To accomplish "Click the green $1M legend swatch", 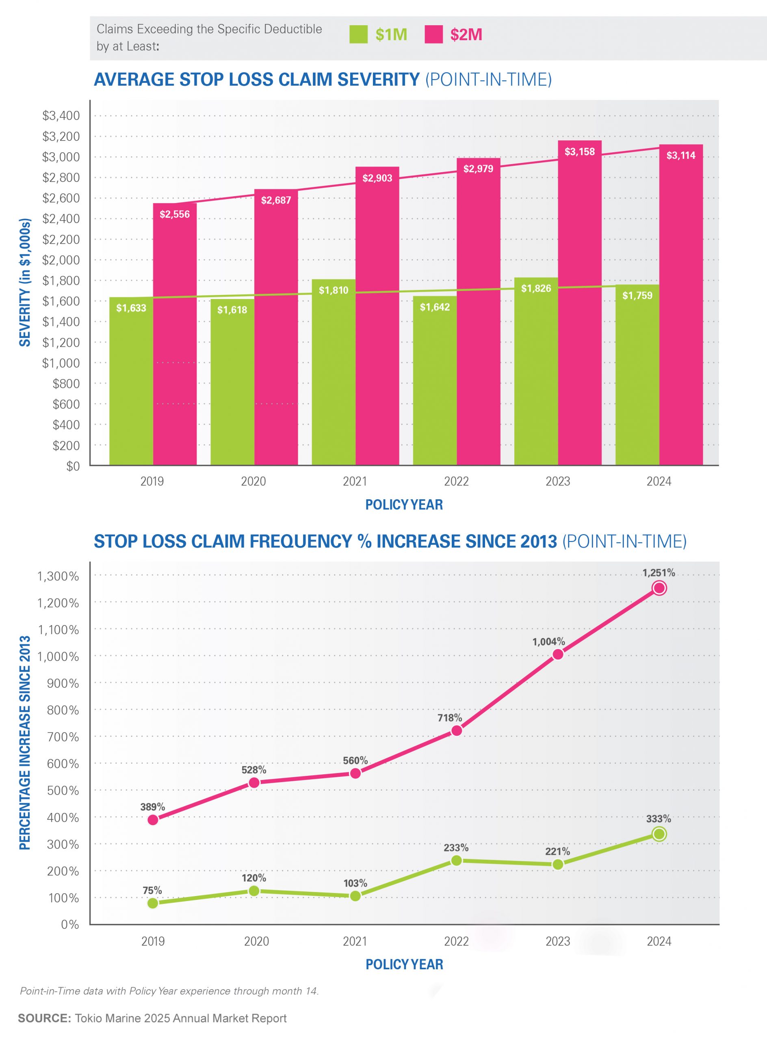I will [358, 35].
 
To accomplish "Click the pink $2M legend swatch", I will [433, 35].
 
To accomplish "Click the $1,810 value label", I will [334, 290].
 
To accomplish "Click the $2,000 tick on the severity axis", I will [61, 260].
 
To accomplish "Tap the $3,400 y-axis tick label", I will [61, 116].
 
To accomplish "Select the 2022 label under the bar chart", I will [456, 481].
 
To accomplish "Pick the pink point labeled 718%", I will [456, 731].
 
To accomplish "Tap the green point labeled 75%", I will [153, 903].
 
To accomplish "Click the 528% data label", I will [254, 770].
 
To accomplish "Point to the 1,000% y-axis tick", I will [58, 657].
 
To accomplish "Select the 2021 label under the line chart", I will [355, 941].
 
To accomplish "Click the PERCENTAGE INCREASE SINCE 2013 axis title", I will [25, 743].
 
